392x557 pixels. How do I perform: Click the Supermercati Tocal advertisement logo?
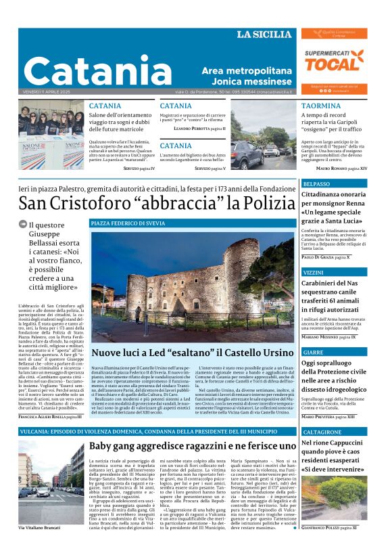(334, 61)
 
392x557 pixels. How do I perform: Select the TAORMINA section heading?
(320, 106)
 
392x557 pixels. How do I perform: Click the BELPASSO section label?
(317, 184)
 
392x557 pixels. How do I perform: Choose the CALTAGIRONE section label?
(322, 432)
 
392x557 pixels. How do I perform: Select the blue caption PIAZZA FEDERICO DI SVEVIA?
(128, 223)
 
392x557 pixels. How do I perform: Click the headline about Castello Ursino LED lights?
(192, 353)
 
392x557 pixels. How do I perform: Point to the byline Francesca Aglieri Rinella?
(51, 418)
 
